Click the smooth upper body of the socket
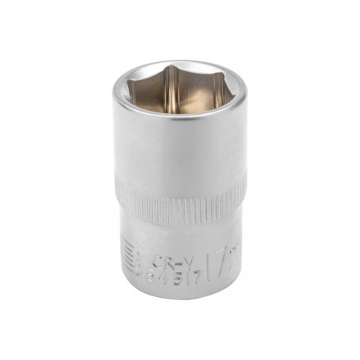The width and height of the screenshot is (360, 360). [x=179, y=157]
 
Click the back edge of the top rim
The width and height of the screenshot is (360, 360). [x=180, y=61]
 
